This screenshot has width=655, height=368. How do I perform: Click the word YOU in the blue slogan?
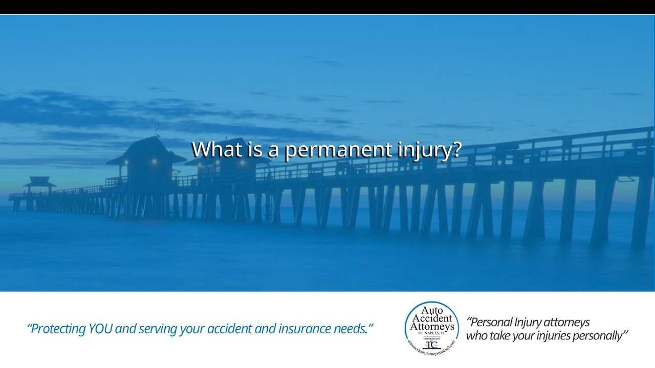click(101, 329)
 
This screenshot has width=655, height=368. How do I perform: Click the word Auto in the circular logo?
click(431, 310)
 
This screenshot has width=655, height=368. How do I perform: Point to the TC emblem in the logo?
click(432, 343)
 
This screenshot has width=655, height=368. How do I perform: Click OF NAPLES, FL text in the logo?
click(432, 333)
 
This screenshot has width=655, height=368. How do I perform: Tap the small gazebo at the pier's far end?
click(39, 182)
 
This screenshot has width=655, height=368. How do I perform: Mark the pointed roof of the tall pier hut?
click(145, 148)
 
